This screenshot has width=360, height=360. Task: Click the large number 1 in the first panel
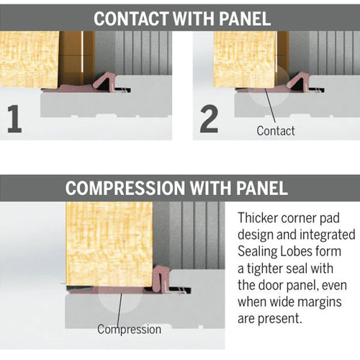tap(14, 119)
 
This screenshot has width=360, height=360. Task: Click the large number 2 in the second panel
tap(209, 119)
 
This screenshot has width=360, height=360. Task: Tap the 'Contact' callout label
tap(276, 130)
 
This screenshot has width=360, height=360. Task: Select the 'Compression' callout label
tap(130, 329)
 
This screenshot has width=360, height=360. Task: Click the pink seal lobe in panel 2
tap(298, 80)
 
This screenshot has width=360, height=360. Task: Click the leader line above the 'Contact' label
tap(268, 108)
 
